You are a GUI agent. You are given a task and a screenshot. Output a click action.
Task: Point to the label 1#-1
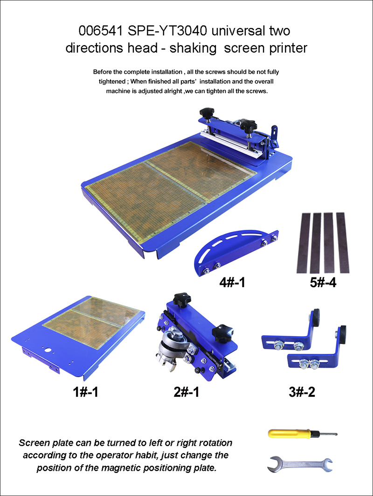click(x=85, y=392)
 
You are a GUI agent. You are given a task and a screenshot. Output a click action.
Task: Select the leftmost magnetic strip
click(x=304, y=242)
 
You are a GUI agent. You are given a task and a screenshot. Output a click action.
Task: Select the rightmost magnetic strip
click(x=343, y=242)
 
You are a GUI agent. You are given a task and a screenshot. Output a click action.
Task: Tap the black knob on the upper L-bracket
click(x=317, y=316)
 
